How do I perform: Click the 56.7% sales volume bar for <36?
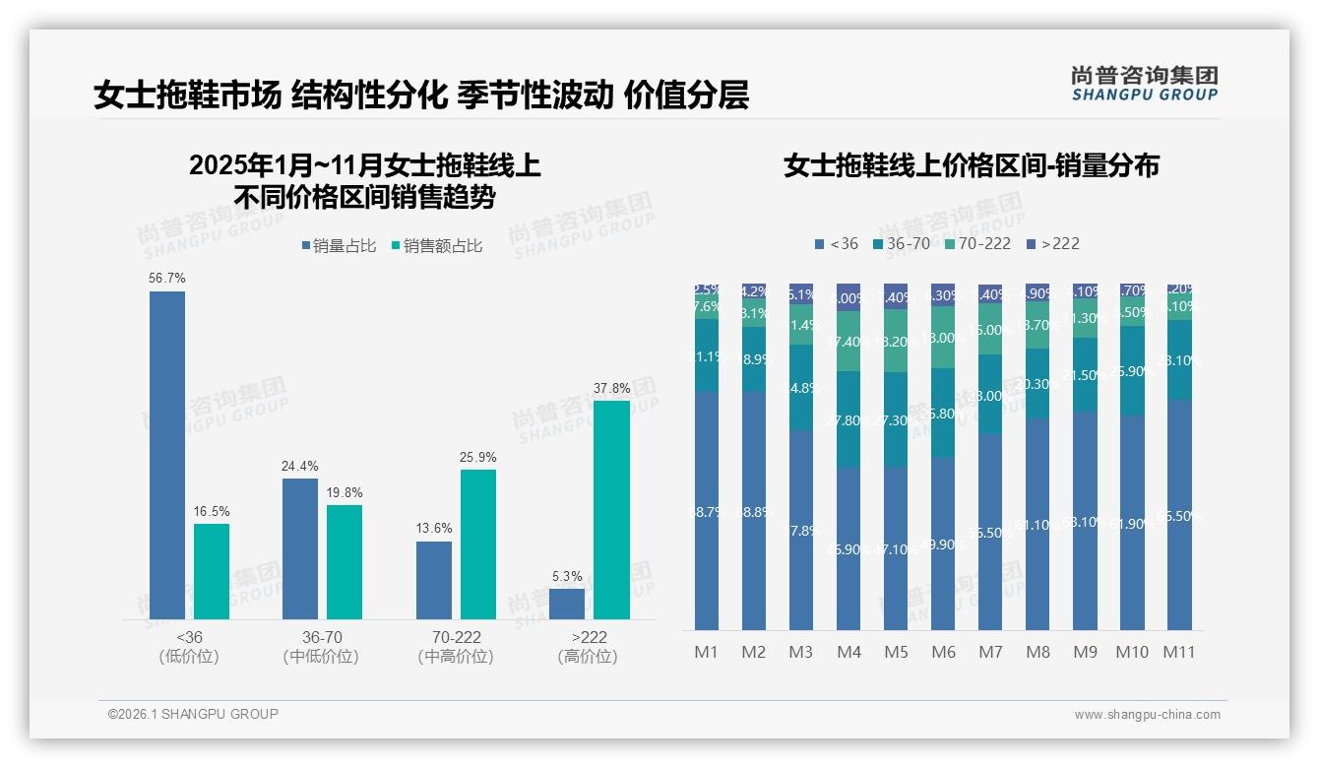click(x=167, y=455)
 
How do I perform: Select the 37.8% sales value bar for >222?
click(x=611, y=509)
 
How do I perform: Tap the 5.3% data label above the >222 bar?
click(x=567, y=576)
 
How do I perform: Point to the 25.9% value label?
click(x=478, y=457)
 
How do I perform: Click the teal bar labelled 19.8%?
click(x=345, y=561)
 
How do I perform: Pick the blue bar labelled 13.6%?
click(x=434, y=580)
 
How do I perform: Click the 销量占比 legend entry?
click(x=338, y=246)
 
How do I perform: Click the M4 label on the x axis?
click(x=848, y=652)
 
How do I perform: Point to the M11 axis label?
click(x=1179, y=652)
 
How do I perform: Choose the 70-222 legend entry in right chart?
click(x=977, y=243)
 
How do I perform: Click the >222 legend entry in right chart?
click(x=1053, y=243)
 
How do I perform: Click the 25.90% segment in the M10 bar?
click(x=1132, y=371)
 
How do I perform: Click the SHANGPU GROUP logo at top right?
click(x=1144, y=84)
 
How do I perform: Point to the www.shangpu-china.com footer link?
click(x=1147, y=715)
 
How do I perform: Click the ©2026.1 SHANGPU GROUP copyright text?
click(x=193, y=714)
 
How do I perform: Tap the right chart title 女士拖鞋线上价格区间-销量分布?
click(x=971, y=165)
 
